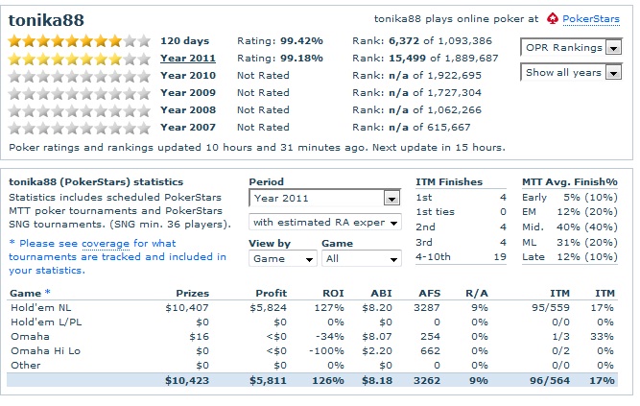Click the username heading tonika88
pos(47,17)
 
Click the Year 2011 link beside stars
pos(187,59)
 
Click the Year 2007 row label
pos(187,128)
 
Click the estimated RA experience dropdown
pos(324,223)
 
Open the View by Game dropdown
pos(283,259)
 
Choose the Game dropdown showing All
pos(361,259)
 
